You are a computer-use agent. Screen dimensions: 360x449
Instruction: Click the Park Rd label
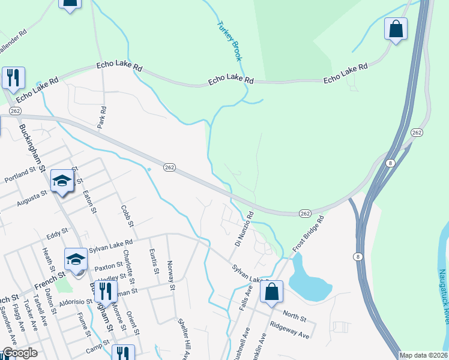click(103, 118)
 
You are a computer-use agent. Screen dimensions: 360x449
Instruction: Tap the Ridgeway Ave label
click(289, 332)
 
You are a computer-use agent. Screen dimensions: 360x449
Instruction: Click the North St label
click(295, 316)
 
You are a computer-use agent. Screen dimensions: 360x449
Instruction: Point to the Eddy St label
click(58, 233)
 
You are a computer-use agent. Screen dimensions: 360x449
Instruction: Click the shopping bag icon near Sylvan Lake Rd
click(272, 293)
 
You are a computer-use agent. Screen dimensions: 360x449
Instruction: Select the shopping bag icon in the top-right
click(396, 29)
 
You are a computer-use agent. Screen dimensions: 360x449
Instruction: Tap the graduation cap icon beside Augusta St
click(62, 181)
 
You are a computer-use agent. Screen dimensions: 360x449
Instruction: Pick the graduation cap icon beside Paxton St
click(76, 259)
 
